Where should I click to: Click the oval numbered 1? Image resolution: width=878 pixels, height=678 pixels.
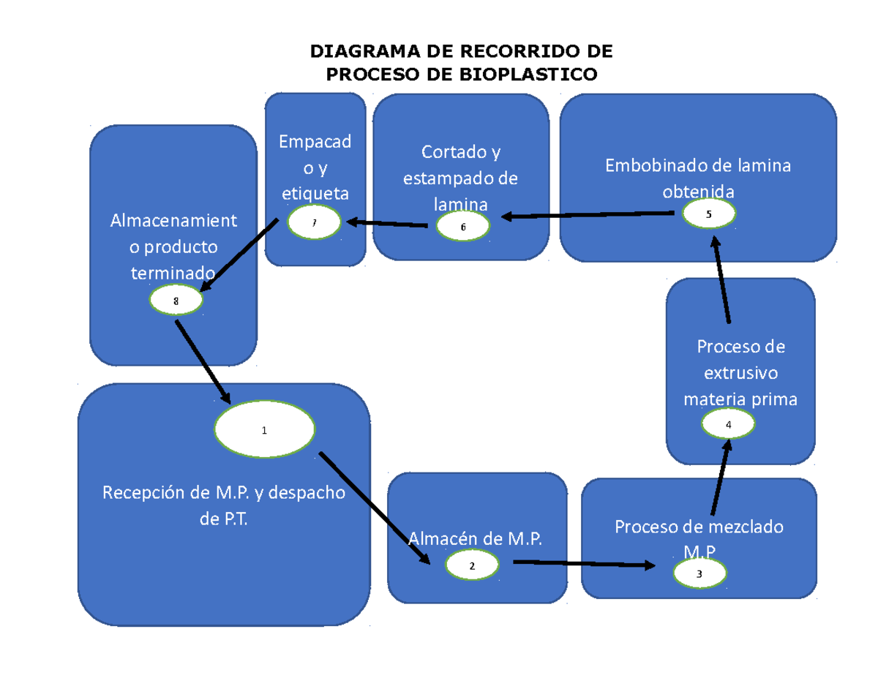point(265,430)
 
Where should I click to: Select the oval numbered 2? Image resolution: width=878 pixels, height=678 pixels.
point(472,565)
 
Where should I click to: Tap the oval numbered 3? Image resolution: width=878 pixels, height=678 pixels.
point(699,574)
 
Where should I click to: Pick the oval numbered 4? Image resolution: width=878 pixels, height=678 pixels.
point(728,424)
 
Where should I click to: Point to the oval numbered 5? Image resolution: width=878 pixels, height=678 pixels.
point(708,214)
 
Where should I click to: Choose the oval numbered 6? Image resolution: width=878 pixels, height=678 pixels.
point(462,227)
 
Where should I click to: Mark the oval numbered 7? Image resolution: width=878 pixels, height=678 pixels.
point(314,223)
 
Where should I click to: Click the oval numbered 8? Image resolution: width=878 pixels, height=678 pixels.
point(176,300)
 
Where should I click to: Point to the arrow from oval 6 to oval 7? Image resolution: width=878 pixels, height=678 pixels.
point(387,223)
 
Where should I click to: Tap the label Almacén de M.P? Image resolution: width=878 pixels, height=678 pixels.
point(476,539)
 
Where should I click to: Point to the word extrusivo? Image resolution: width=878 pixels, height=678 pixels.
point(740,373)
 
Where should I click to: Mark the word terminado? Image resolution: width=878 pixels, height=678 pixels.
point(173,273)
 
